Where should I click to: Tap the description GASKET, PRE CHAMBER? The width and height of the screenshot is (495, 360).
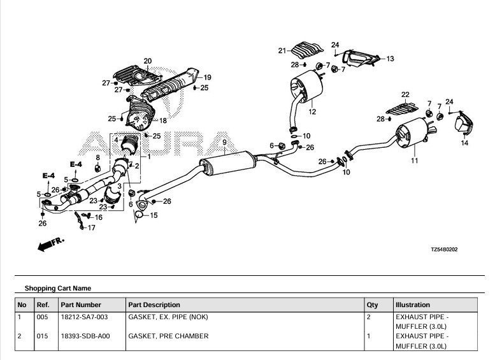[x=168, y=336]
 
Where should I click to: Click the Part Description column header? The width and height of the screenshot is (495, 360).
[x=154, y=305]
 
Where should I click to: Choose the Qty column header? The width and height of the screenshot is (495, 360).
[x=372, y=305]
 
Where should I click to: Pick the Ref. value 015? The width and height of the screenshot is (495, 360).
[x=42, y=336]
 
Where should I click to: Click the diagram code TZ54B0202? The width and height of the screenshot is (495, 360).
[x=444, y=249]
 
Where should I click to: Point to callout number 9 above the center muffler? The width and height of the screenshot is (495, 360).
[x=224, y=142]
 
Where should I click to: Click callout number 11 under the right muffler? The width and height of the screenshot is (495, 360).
[x=415, y=161]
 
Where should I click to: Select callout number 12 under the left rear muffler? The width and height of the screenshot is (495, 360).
[x=312, y=112]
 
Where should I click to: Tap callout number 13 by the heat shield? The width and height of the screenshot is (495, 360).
[x=390, y=59]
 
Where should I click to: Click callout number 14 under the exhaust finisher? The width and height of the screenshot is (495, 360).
[x=464, y=143]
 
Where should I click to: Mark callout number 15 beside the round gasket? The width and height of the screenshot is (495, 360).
[x=154, y=216]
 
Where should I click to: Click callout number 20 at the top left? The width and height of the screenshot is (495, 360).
[x=147, y=61]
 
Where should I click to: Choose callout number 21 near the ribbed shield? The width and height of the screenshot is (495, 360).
[x=282, y=50]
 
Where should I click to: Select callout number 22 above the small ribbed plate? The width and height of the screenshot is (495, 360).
[x=405, y=94]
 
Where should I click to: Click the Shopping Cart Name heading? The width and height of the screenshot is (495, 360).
[x=57, y=288]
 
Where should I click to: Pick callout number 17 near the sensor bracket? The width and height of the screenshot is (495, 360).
[x=91, y=227]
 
